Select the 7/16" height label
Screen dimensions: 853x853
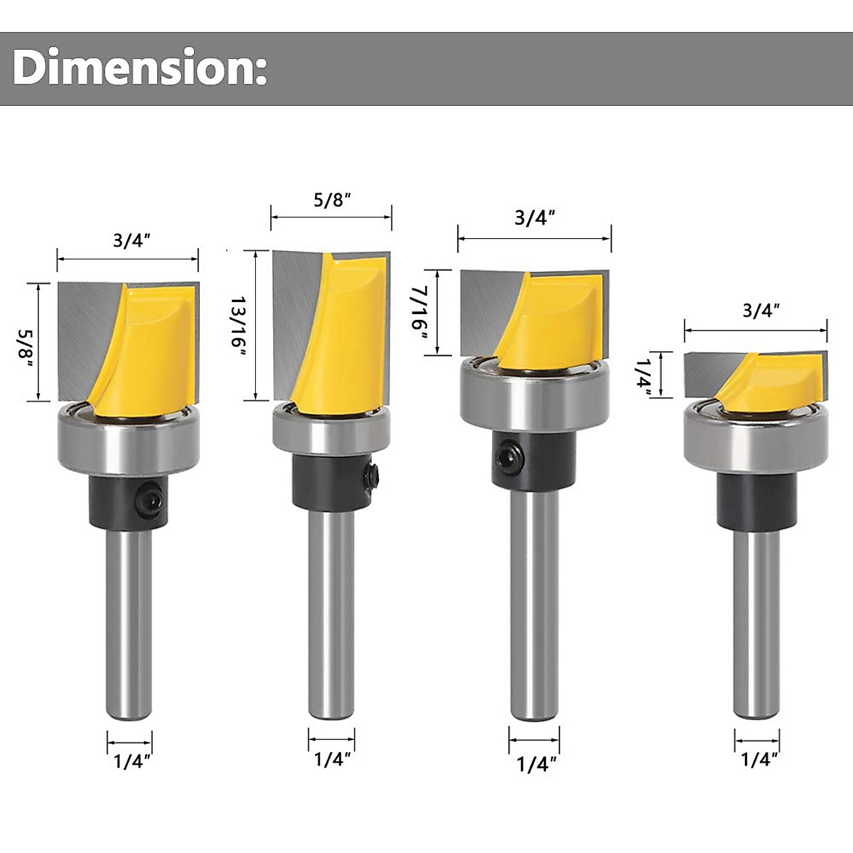[419, 312]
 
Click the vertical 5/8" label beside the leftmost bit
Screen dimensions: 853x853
[27, 343]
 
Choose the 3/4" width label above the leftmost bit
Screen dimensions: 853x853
[128, 240]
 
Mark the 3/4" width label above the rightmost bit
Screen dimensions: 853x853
[761, 310]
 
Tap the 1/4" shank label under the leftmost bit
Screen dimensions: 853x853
[132, 762]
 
